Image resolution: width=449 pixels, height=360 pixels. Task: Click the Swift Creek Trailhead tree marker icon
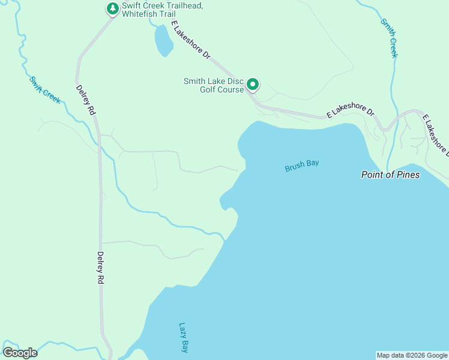tap(112, 8)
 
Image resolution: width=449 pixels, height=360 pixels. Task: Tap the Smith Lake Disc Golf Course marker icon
tap(253, 85)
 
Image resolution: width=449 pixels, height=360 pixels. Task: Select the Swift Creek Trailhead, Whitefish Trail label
tap(162, 10)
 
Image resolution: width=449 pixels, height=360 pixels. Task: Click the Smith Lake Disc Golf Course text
tap(214, 86)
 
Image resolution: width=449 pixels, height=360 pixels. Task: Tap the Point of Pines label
tap(390, 175)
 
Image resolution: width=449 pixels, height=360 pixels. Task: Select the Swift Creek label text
tap(45, 89)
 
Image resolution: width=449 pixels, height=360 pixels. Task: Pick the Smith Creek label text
tap(389, 38)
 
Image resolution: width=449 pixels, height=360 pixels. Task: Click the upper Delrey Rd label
tap(86, 100)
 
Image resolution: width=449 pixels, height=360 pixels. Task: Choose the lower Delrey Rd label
tap(101, 268)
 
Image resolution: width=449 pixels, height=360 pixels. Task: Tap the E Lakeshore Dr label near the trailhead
tap(191, 40)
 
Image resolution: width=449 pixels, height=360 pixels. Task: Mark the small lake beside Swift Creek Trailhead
tap(163, 41)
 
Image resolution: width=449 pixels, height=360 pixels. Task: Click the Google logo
tap(20, 353)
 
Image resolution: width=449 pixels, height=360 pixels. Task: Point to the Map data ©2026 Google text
tap(412, 355)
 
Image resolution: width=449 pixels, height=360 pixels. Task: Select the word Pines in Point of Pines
tap(406, 175)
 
